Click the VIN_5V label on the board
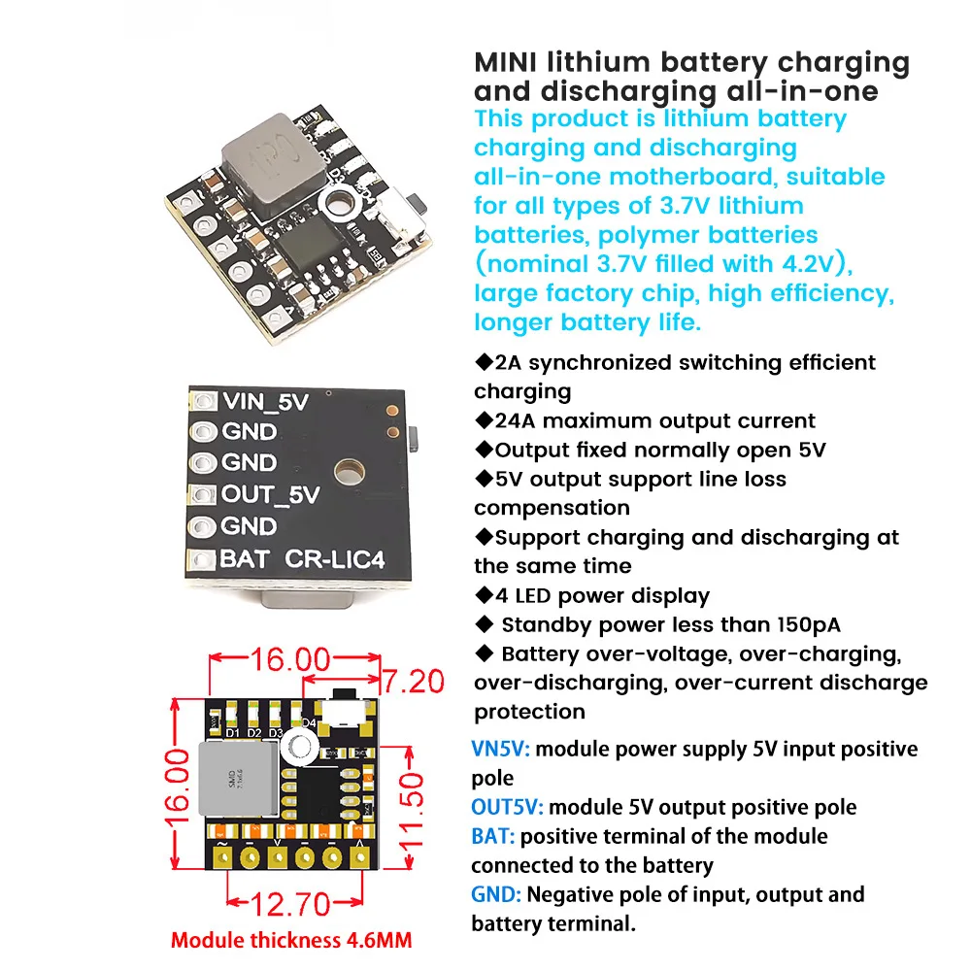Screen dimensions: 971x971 point(265,401)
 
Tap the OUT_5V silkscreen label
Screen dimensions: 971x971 point(270,494)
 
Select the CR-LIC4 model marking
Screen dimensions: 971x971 point(328,560)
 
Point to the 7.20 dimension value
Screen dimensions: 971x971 point(412,681)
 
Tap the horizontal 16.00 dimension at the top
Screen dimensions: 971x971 point(290,660)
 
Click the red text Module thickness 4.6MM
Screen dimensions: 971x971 point(291,940)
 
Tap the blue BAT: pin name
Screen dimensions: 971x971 point(493,837)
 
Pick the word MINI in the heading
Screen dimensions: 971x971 point(507,63)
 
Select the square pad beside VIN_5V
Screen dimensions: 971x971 point(203,401)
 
